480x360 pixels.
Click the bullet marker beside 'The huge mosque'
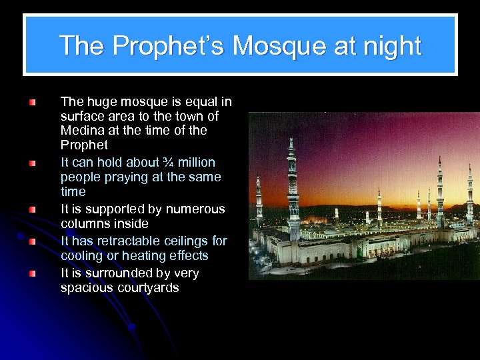pyautogui.click(x=31, y=103)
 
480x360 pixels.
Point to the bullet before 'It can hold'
pyautogui.click(x=31, y=163)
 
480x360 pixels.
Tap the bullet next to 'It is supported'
pyautogui.click(x=31, y=209)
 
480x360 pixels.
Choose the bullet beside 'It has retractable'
pyautogui.click(x=31, y=241)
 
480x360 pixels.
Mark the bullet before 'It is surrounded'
pyautogui.click(x=31, y=273)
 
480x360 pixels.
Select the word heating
pyautogui.click(x=152, y=256)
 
